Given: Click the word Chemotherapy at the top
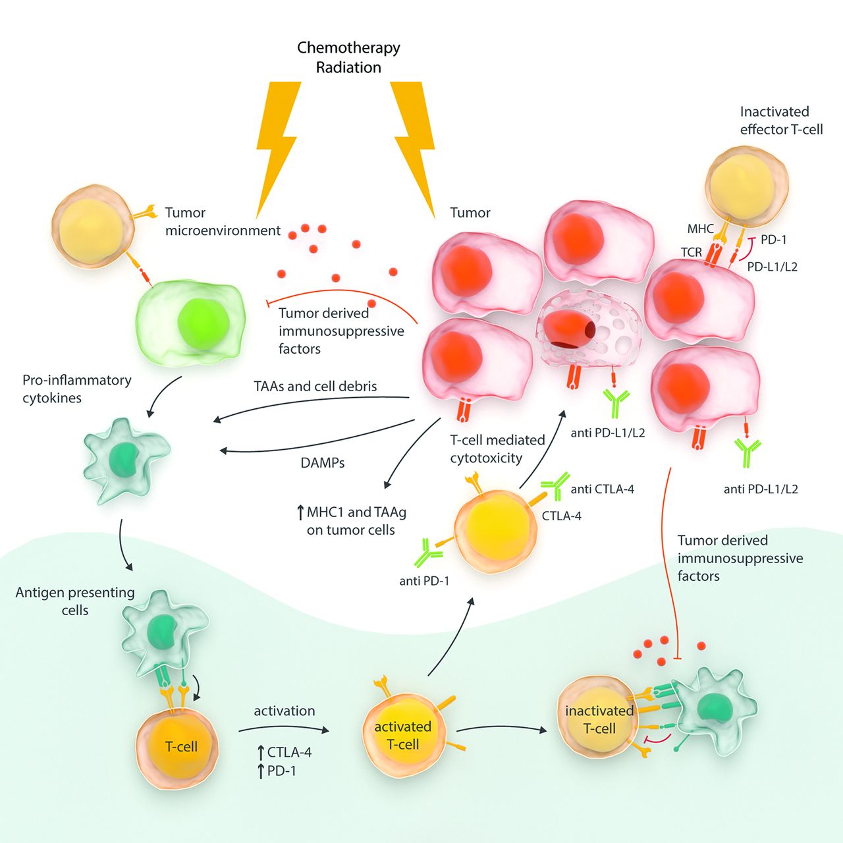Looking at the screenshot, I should pos(348,47).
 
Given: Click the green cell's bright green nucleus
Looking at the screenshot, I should pos(204,324).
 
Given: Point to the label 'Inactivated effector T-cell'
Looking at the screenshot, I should pos(781,121).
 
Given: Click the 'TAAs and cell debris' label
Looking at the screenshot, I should pos(315,387).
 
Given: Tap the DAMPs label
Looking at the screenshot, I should pos(323,463).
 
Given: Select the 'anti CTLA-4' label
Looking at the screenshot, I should pos(602,489).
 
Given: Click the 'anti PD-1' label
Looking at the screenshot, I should pos(424,581).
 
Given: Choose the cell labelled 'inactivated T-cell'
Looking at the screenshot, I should pos(597,720).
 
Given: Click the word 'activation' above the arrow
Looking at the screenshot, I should pos(285,711).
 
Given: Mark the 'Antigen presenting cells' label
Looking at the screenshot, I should pos(75,601).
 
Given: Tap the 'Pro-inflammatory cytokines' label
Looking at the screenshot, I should pos(76,389).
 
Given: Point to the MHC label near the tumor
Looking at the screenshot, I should pos(700,229).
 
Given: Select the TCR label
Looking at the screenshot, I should pos(691,252).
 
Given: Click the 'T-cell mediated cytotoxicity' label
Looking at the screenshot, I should pos(497,449).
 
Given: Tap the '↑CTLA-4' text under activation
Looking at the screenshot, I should pos(284,752).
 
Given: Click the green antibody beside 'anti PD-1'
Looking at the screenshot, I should pos(427,553).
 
